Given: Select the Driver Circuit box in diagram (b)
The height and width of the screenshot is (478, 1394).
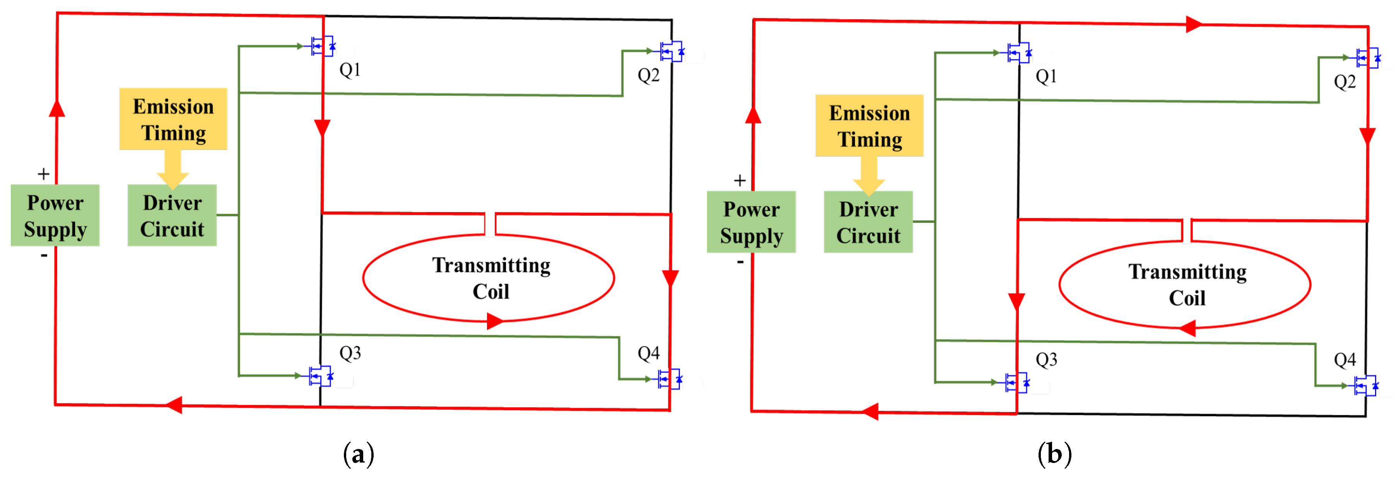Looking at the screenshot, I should (x=868, y=222).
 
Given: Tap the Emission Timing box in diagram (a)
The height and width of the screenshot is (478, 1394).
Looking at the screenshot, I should (x=173, y=119).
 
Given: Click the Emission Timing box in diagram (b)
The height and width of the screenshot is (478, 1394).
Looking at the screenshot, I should (x=869, y=126).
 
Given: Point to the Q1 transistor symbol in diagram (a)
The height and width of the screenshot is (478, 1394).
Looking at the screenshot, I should (x=323, y=46).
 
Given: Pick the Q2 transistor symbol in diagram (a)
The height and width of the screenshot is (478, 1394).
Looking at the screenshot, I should (x=671, y=52).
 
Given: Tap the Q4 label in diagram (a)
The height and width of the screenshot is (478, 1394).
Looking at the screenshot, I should (x=648, y=353).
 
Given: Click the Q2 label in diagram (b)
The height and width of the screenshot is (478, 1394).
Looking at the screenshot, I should (x=1345, y=82).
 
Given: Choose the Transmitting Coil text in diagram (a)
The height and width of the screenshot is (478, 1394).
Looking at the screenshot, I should (x=491, y=278).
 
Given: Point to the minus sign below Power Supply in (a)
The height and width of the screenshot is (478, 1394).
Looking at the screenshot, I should (x=44, y=255).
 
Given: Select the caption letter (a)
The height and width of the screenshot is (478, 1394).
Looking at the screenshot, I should (x=358, y=454).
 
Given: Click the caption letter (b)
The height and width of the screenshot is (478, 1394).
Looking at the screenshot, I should (x=1054, y=454).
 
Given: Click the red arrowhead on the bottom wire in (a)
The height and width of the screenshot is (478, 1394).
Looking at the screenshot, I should (x=174, y=405).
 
